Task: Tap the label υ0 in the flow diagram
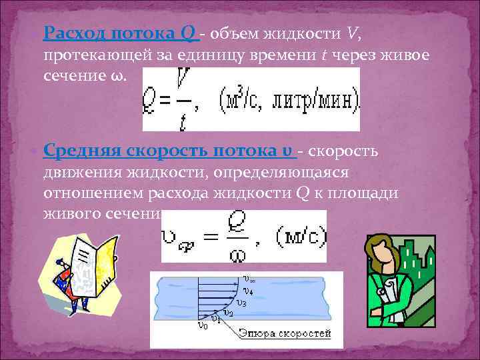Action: coord(203,326)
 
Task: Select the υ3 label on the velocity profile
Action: coord(241,303)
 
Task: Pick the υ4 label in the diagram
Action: coord(248,291)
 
